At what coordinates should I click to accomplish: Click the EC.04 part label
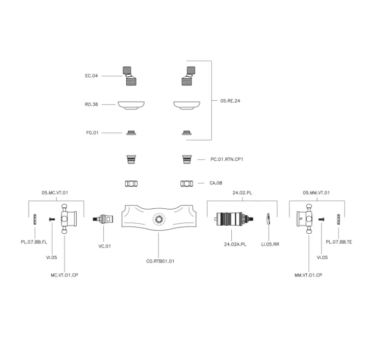pos(92,76)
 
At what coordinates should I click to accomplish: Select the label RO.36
pos(92,104)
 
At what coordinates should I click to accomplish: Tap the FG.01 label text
pos(92,132)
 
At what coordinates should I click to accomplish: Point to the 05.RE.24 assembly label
pos(230,101)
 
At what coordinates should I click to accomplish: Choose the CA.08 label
pos(216,183)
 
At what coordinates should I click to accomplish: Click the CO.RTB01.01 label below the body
pos(160,261)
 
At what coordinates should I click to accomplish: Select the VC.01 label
pos(105,246)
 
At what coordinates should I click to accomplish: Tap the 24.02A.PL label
pos(235,244)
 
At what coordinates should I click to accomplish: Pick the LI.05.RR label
pos(270,244)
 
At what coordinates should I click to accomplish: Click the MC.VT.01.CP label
pos(64,275)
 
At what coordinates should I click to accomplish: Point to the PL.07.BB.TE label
pos(339,242)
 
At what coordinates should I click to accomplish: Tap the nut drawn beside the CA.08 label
pos(187,183)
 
